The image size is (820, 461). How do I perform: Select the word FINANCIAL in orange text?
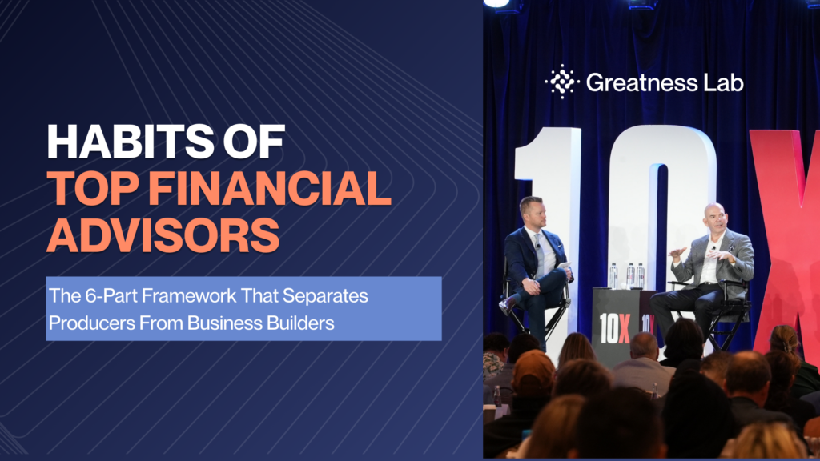[x=270, y=188]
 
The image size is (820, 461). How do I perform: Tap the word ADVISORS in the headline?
[x=163, y=235]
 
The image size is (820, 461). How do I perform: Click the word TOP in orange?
[x=94, y=188]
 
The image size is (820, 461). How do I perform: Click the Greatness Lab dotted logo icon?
[x=561, y=82]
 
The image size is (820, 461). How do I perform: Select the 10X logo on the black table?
[x=614, y=328]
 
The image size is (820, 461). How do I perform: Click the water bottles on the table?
[x=628, y=275]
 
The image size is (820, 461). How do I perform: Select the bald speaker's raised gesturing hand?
[x=677, y=253]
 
